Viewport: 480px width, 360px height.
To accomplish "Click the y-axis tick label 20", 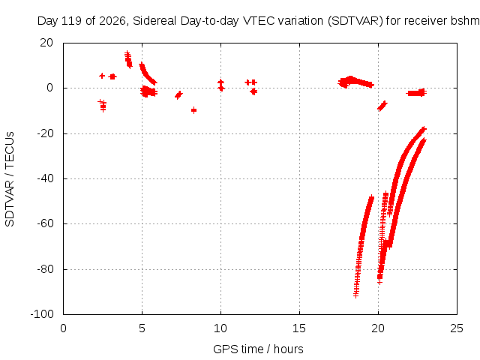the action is [x=46, y=43].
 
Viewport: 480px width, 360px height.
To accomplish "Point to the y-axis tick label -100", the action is [x=42, y=314].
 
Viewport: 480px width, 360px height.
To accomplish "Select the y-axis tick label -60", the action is [x=45, y=223].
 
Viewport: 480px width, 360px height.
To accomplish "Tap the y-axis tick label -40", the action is [x=45, y=178].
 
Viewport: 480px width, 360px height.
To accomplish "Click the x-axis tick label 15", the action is [x=299, y=328].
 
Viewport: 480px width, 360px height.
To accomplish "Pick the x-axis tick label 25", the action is [x=457, y=328].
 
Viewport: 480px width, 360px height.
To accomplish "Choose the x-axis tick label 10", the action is [x=220, y=328].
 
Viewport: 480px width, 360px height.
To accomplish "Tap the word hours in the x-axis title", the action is [x=288, y=349].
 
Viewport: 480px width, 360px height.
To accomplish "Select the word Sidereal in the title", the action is [x=154, y=21].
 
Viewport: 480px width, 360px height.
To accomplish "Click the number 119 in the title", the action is [x=72, y=21].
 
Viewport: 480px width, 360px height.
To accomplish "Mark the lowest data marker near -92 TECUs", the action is [x=355, y=295].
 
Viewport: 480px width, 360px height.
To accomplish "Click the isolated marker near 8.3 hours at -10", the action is [x=193, y=110].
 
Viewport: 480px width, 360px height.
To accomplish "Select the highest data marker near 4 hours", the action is [x=127, y=53].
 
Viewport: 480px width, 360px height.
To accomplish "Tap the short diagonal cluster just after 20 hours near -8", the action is [x=382, y=106].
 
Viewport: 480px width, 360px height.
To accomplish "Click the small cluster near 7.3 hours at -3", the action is [x=178, y=95].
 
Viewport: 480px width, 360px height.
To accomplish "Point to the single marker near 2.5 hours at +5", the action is [x=102, y=76].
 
